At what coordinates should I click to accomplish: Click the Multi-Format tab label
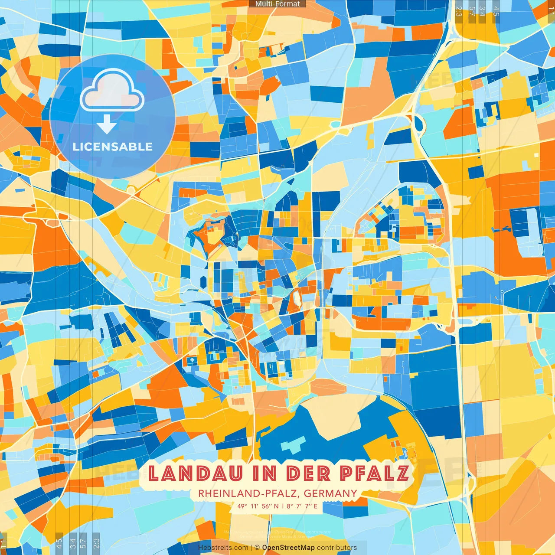tap(277, 4)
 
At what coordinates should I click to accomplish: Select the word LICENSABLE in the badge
tap(113, 147)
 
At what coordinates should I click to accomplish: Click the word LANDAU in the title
tap(195, 473)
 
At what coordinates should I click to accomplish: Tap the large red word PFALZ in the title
tap(374, 473)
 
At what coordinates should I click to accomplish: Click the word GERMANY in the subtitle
tap(330, 493)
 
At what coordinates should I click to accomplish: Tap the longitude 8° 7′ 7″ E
tap(302, 506)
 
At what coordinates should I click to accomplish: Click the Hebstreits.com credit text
tap(223, 548)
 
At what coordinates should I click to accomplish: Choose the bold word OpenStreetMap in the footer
tap(288, 548)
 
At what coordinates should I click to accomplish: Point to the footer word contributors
tap(337, 548)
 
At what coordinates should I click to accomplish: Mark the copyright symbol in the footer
tap(257, 548)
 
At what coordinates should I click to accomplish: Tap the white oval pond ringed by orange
tap(297, 298)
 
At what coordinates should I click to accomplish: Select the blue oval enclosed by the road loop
tap(419, 124)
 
